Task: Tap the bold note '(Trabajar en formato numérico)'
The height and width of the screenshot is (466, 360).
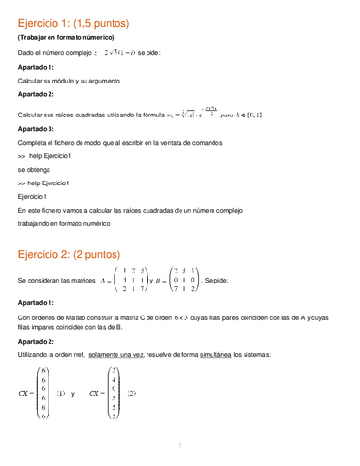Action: point(67,37)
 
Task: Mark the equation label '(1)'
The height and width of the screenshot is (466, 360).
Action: point(61,394)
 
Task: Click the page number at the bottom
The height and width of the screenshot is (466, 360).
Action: point(180,446)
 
